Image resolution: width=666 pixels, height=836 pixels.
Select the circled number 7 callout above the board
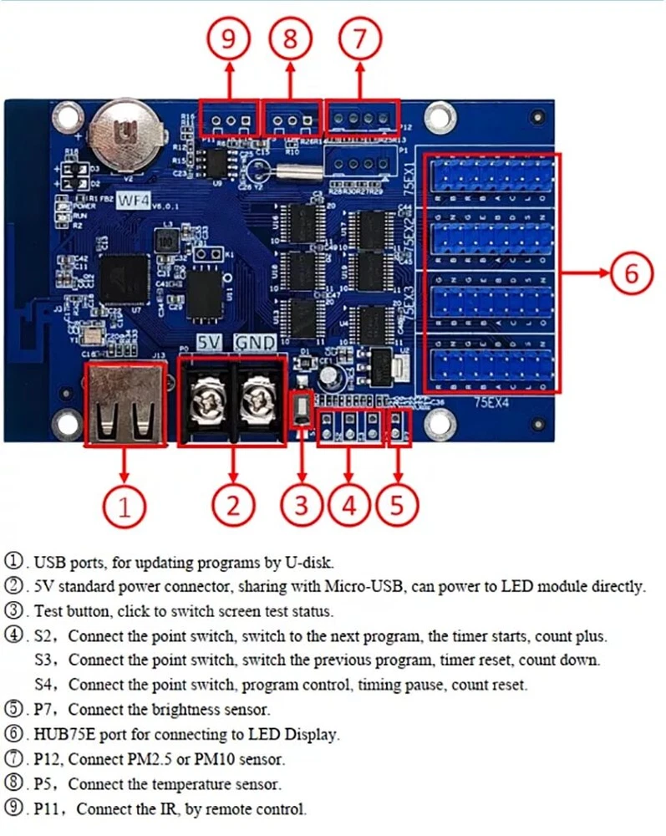pos(360,38)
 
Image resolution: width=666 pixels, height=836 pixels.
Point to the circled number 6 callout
pos(632,273)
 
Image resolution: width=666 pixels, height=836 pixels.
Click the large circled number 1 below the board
pos(125,504)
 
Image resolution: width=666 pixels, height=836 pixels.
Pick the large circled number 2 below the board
pos(233,504)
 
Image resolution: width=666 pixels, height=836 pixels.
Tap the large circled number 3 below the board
pos(302,504)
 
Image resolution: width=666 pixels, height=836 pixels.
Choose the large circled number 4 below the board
pos(349,504)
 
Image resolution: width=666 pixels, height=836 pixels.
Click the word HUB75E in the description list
pos(64,736)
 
